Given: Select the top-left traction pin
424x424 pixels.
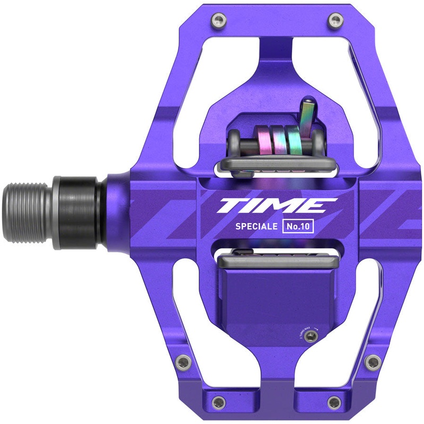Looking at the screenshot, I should [218, 21].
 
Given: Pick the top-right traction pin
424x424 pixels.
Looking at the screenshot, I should [334, 21].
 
